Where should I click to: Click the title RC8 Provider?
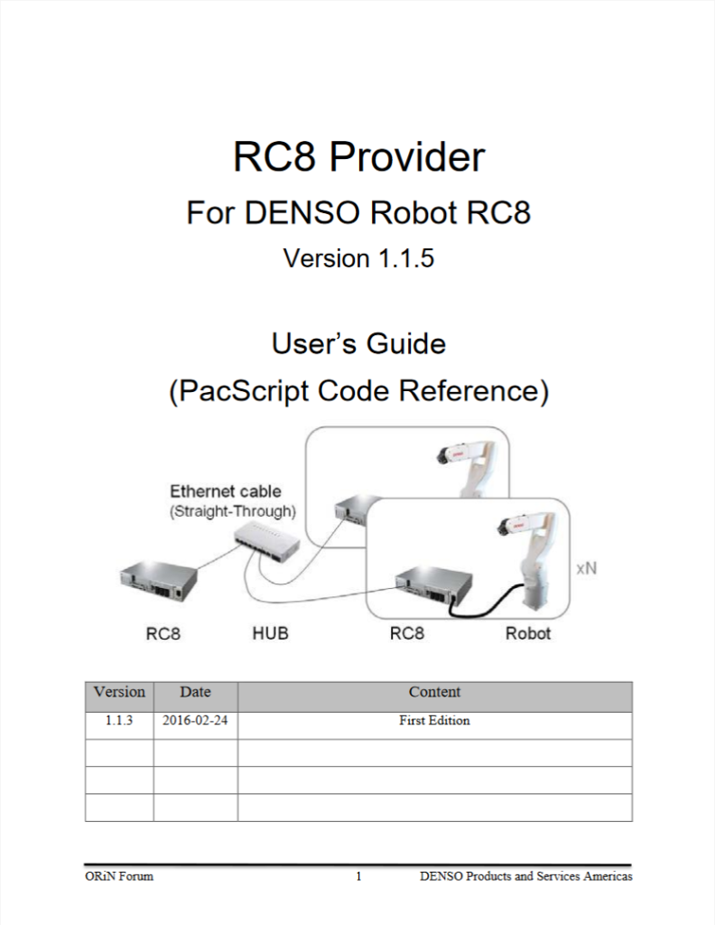[x=358, y=157]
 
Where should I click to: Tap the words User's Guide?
[x=358, y=344]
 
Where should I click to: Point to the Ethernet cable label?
[x=226, y=491]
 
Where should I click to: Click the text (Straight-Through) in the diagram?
[x=233, y=510]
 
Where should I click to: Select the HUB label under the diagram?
[x=270, y=633]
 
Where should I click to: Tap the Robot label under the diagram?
[x=528, y=633]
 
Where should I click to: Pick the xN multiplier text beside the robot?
[x=586, y=570]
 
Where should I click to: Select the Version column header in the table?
[x=119, y=693]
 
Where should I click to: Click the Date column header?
[x=195, y=693]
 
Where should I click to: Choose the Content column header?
[x=434, y=693]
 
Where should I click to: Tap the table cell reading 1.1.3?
[x=119, y=721]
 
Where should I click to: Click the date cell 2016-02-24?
[x=195, y=721]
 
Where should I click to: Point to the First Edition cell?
[x=434, y=721]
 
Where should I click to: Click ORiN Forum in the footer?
[x=113, y=876]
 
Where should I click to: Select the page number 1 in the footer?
[x=358, y=876]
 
